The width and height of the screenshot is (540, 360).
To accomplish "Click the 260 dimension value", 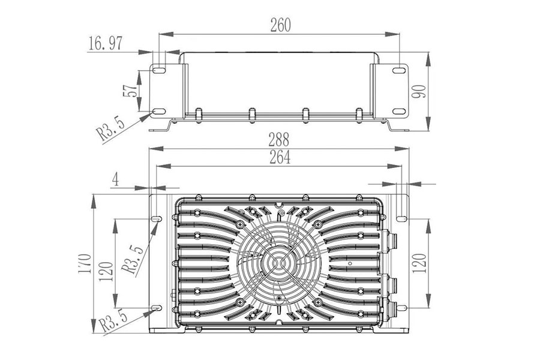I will point(280,25).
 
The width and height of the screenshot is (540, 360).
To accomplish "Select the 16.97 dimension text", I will point(105,44).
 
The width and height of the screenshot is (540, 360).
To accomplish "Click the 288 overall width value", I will point(279,140).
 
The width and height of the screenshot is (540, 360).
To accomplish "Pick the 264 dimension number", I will point(280,157).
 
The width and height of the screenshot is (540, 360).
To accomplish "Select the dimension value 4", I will point(115,179).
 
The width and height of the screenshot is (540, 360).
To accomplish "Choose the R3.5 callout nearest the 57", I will point(113,129).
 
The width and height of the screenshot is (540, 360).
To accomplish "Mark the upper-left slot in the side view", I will point(158,71).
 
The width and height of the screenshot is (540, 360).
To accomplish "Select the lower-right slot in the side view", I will point(398,112).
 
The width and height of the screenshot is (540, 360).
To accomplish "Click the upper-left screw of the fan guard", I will point(241,224).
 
